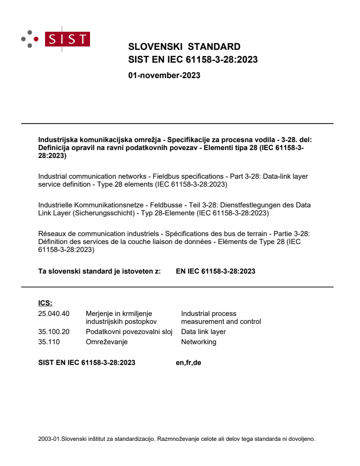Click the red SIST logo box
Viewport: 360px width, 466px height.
point(68,39)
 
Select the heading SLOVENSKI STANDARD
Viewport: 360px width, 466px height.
point(184,47)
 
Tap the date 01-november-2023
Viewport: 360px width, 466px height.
point(164,75)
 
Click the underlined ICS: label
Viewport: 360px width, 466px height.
point(45,303)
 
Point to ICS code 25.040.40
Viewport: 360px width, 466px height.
point(54,314)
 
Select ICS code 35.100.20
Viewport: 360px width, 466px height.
point(54,331)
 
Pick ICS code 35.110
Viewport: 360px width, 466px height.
point(49,342)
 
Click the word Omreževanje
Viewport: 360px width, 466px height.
point(107,342)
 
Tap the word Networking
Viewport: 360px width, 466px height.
point(199,342)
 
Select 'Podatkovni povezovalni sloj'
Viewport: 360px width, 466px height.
point(129,331)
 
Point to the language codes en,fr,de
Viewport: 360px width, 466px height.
point(188,363)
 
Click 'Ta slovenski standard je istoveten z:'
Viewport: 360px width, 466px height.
point(100,271)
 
